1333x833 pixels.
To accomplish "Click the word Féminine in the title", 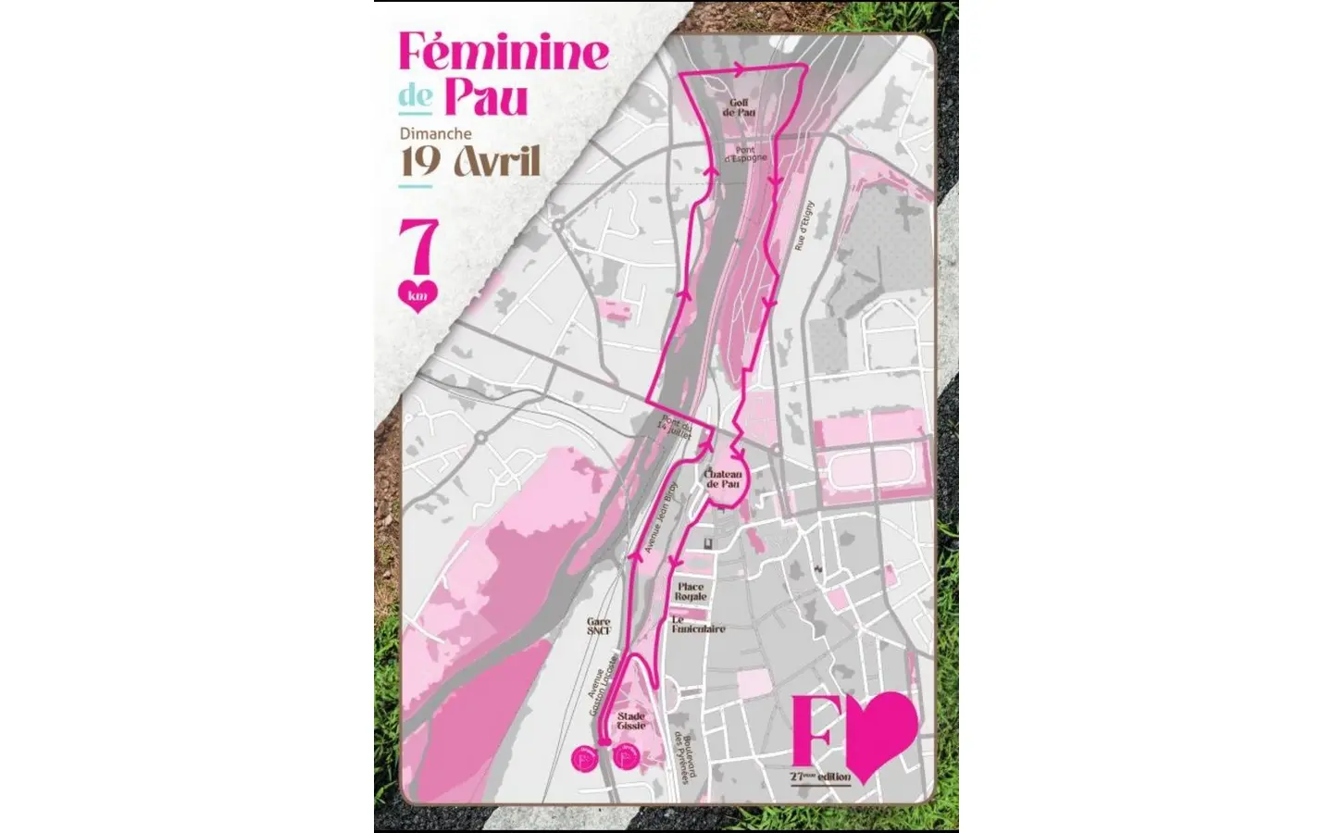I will tap(504, 53).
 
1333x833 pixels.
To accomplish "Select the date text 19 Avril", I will tap(469, 161).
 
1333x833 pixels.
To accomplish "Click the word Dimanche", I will tap(435, 133).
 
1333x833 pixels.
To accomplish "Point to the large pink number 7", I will tap(417, 248).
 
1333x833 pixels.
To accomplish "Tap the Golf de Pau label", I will tap(739, 108).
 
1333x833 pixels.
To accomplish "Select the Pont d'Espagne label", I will tap(745, 154).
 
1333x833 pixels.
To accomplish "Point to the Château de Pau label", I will tap(724, 479).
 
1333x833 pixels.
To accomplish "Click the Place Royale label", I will tap(691, 591).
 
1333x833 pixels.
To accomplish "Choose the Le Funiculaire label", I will tap(698, 625).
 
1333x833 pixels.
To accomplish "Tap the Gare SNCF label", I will tap(599, 627).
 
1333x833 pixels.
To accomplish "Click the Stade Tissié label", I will tap(631, 721).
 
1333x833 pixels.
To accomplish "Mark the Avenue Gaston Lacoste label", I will tap(603, 690).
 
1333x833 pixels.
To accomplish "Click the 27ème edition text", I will tap(820, 777).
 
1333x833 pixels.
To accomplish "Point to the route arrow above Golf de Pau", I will tap(738, 68).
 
